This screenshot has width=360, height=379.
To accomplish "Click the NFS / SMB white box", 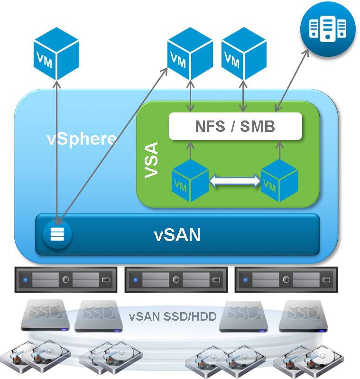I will click(x=235, y=126).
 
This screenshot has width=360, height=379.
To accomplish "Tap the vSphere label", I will click(x=82, y=139).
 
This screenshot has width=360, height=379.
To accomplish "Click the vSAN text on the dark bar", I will click(x=177, y=234).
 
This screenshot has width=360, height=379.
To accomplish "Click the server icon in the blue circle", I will click(x=328, y=28).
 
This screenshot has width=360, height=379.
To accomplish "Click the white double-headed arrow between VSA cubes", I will click(x=235, y=180).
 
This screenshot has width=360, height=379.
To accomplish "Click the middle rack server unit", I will click(x=175, y=280).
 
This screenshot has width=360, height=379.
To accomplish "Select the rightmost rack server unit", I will click(x=286, y=280).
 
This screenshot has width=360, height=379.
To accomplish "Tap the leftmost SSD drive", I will click(x=46, y=314).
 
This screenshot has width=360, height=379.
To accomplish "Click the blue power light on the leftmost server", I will click(x=25, y=280).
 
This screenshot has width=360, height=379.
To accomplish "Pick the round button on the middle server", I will click(x=176, y=280).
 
